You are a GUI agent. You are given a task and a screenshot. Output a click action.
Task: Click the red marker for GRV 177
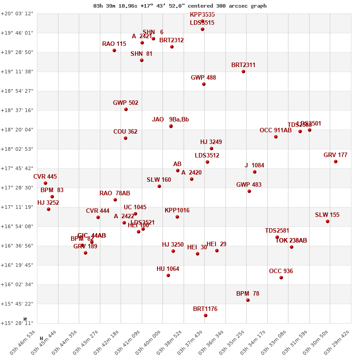pyautogui.click(x=336, y=162)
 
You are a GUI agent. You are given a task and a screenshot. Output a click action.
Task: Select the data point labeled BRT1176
pyautogui.click(x=206, y=315)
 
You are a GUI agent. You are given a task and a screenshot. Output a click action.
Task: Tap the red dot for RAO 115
pyautogui.click(x=114, y=50)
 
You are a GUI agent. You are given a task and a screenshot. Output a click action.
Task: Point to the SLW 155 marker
pyautogui.click(x=328, y=221)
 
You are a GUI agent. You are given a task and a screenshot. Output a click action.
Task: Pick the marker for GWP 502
pyautogui.click(x=126, y=109)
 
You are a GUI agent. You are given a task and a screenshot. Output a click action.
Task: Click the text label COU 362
pyautogui.click(x=126, y=132)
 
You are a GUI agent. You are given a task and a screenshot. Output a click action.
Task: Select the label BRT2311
pyautogui.click(x=243, y=65)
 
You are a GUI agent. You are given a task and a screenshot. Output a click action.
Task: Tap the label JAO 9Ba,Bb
pyautogui.click(x=171, y=120)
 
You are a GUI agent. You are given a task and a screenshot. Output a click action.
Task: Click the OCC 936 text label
pyautogui.click(x=281, y=271)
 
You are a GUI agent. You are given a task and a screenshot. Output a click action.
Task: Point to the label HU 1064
pyautogui.click(x=168, y=269)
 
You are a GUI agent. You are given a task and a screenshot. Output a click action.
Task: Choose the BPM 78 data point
pyautogui.click(x=248, y=300)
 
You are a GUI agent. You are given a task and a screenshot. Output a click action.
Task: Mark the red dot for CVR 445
pyautogui.click(x=45, y=183)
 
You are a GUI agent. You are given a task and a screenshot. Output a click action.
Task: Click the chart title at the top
pyautogui.click(x=180, y=6)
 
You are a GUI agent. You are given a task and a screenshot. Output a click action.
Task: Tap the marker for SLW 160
pyautogui.click(x=159, y=186)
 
